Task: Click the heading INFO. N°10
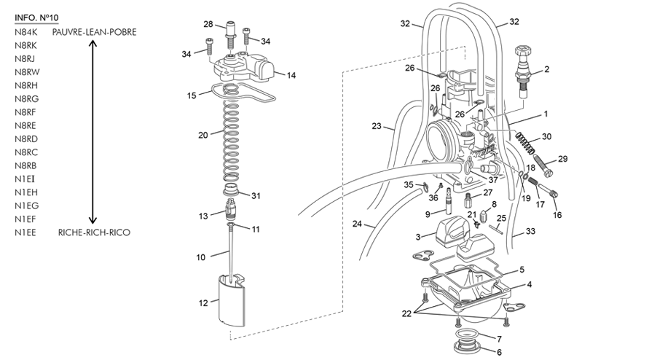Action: click(36, 17)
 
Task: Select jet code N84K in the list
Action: click(25, 33)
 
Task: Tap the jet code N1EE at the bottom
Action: click(25, 233)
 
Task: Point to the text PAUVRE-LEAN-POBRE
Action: click(94, 33)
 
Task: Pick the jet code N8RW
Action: click(26, 72)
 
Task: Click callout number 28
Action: click(208, 25)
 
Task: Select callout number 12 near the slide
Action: click(204, 302)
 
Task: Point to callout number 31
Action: click(256, 195)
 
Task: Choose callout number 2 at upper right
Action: click(546, 70)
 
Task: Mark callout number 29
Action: click(562, 159)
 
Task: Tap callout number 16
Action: click(557, 215)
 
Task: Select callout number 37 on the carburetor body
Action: click(493, 180)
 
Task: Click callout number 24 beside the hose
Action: click(358, 224)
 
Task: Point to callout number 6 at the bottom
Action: click(499, 352)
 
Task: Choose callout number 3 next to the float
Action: click(418, 237)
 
